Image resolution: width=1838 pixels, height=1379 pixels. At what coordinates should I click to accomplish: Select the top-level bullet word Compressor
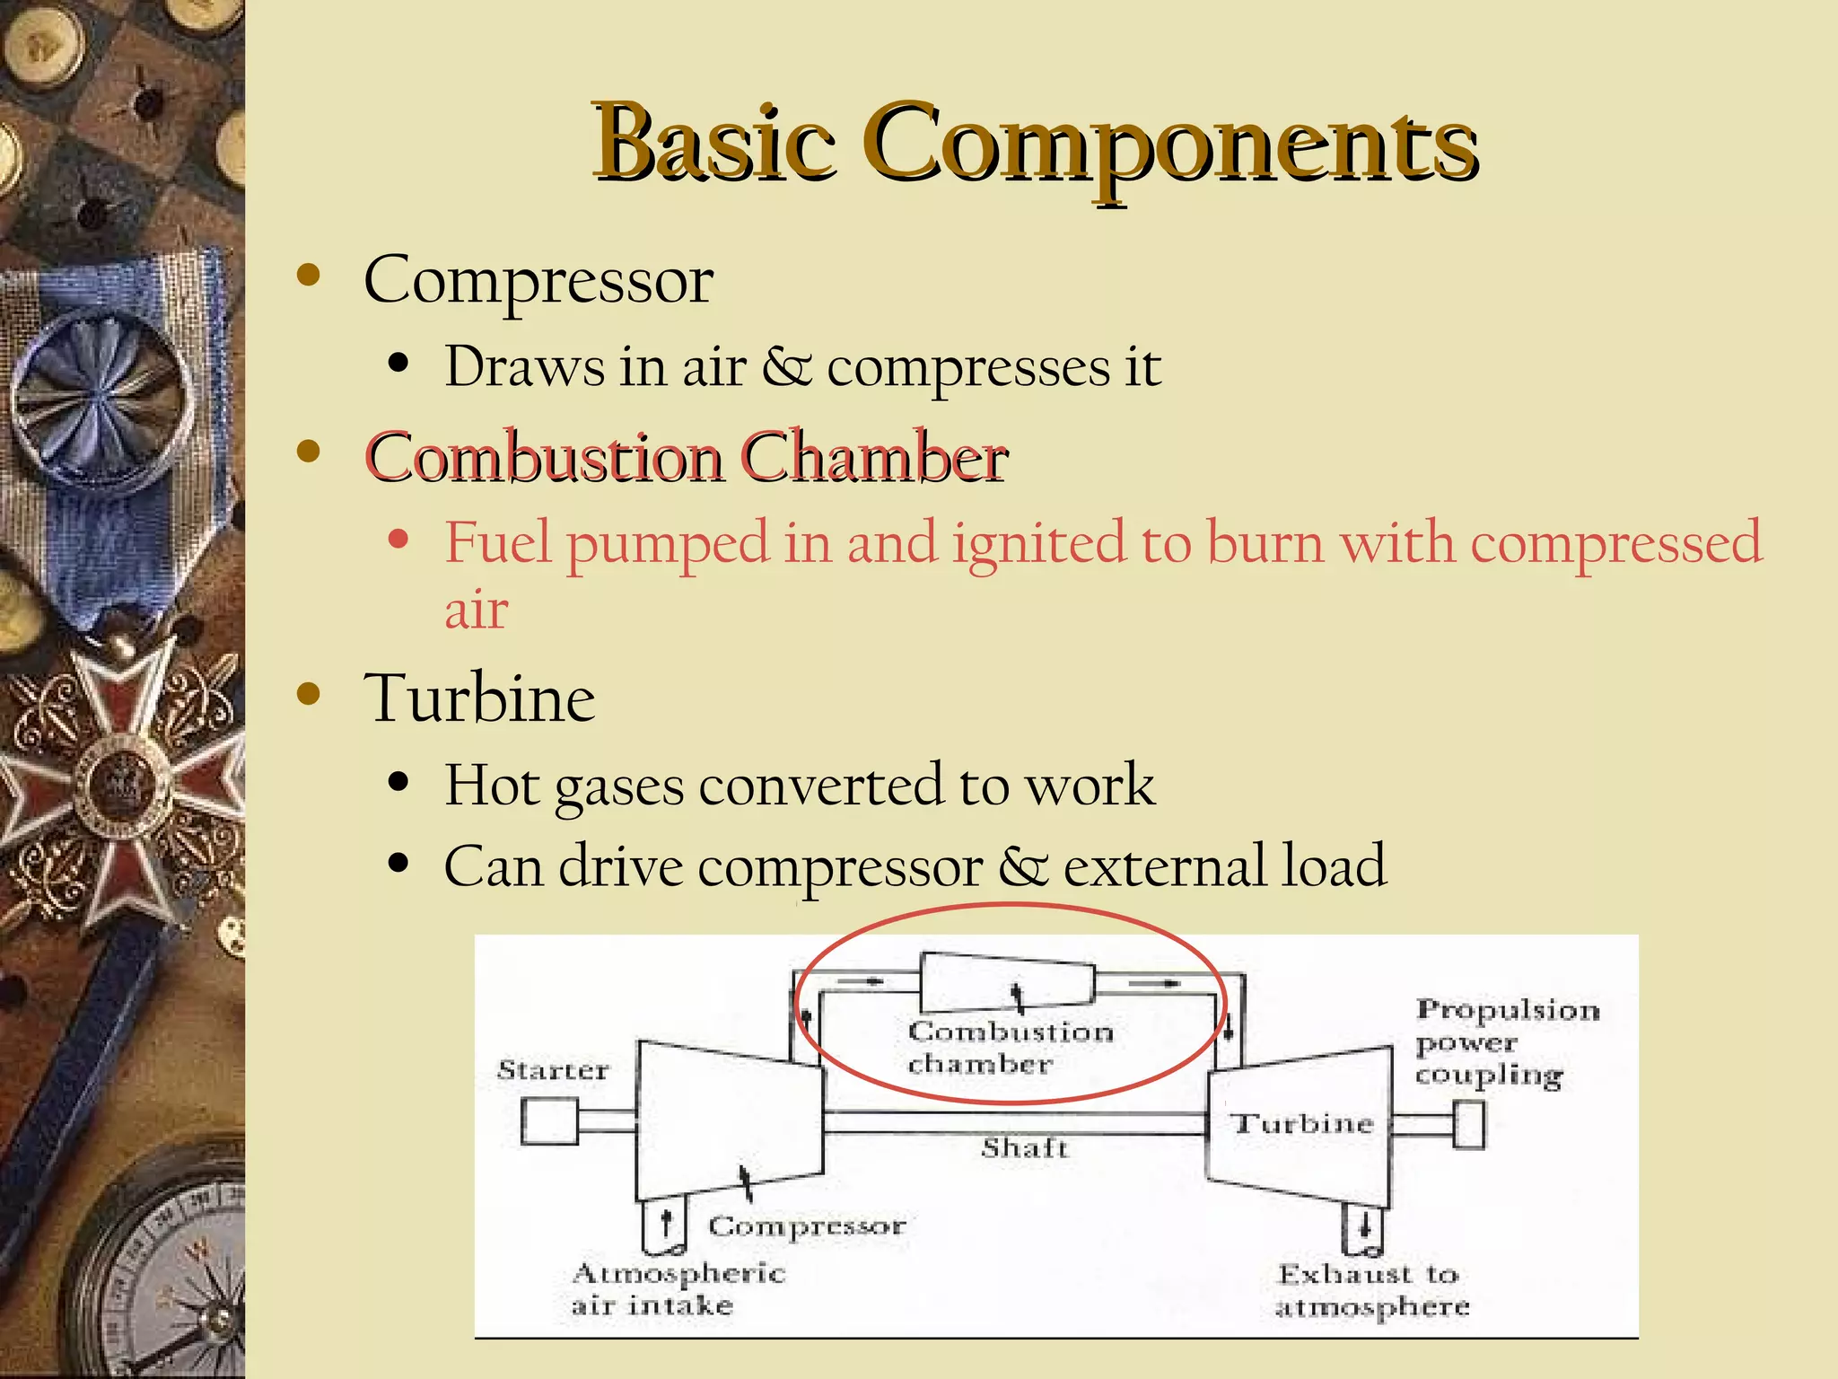coord(538,281)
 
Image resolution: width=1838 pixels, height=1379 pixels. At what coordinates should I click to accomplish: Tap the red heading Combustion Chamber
coord(687,458)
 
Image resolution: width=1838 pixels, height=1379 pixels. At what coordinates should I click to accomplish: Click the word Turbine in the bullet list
coord(479,698)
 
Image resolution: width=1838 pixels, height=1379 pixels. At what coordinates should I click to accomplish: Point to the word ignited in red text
coord(1038,543)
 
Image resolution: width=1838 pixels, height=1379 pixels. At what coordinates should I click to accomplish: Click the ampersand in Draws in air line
coord(787,367)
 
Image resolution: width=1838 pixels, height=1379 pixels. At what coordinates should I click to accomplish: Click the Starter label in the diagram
coord(553,1070)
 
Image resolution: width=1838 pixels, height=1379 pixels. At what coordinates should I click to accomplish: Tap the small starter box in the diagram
coord(549,1122)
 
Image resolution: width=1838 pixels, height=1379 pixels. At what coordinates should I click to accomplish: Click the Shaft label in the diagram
coord(1024,1148)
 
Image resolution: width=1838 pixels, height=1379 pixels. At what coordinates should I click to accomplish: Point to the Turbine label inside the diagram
coord(1302,1124)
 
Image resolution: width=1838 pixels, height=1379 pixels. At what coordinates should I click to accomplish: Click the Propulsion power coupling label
coord(1506,1042)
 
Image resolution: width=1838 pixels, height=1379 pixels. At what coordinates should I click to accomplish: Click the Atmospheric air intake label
coord(678,1288)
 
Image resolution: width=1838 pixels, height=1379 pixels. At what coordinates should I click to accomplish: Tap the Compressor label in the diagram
coord(807,1226)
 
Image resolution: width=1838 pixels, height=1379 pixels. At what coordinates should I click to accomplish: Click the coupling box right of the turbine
coord(1469,1125)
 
